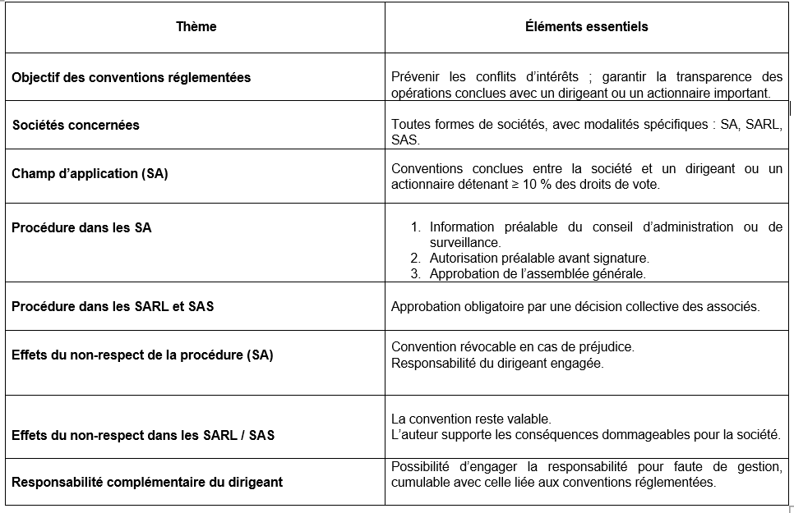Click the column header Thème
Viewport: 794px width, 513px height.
click(196, 27)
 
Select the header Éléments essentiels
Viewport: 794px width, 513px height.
click(586, 27)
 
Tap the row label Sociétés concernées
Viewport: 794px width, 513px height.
click(76, 126)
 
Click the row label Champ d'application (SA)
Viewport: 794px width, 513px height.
click(90, 174)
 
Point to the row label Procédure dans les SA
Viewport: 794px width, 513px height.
click(81, 227)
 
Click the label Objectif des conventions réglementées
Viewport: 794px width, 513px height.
click(131, 78)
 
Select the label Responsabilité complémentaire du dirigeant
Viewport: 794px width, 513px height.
click(147, 482)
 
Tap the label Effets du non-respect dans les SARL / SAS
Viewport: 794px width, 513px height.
click(143, 435)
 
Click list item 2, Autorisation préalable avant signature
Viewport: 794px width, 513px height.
click(538, 259)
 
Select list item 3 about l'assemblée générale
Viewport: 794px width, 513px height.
click(538, 274)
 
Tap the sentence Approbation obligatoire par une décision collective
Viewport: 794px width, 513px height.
click(575, 307)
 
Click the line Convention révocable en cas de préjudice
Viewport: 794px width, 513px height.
click(512, 347)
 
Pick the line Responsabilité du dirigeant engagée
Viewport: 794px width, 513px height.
click(497, 363)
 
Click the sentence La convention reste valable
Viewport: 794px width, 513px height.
click(471, 419)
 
